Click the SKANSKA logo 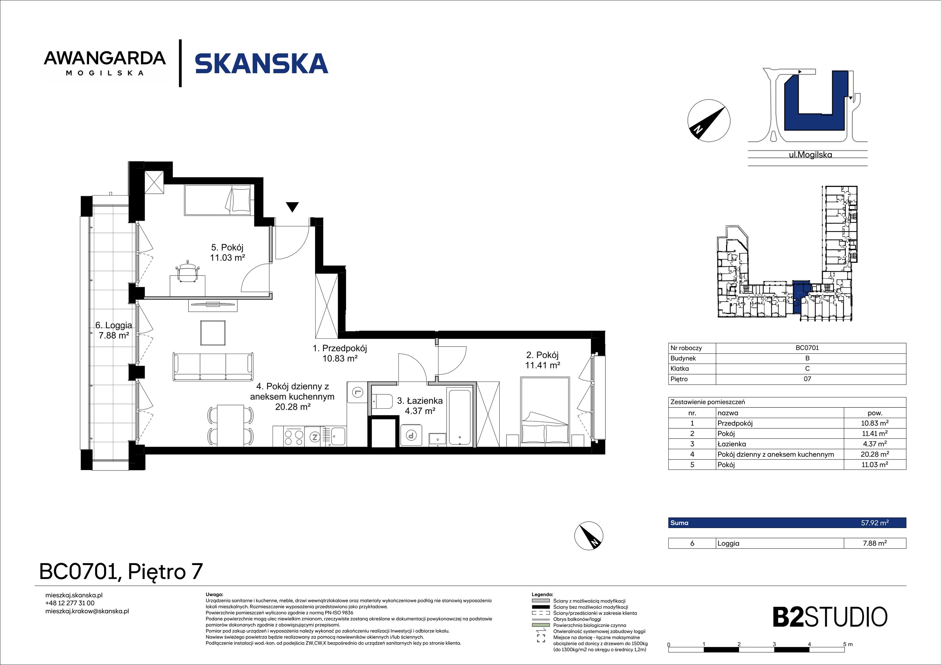click(261, 64)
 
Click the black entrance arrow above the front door click(292, 207)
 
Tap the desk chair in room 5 click(188, 271)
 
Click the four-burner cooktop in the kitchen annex click(294, 437)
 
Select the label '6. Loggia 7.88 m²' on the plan click(114, 330)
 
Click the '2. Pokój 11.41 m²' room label click(542, 360)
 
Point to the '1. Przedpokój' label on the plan click(340, 348)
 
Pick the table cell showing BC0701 click(807, 348)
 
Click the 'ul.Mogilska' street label click(810, 155)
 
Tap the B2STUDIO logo click(830, 617)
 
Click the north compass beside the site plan click(709, 121)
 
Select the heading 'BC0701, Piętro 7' click(121, 571)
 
